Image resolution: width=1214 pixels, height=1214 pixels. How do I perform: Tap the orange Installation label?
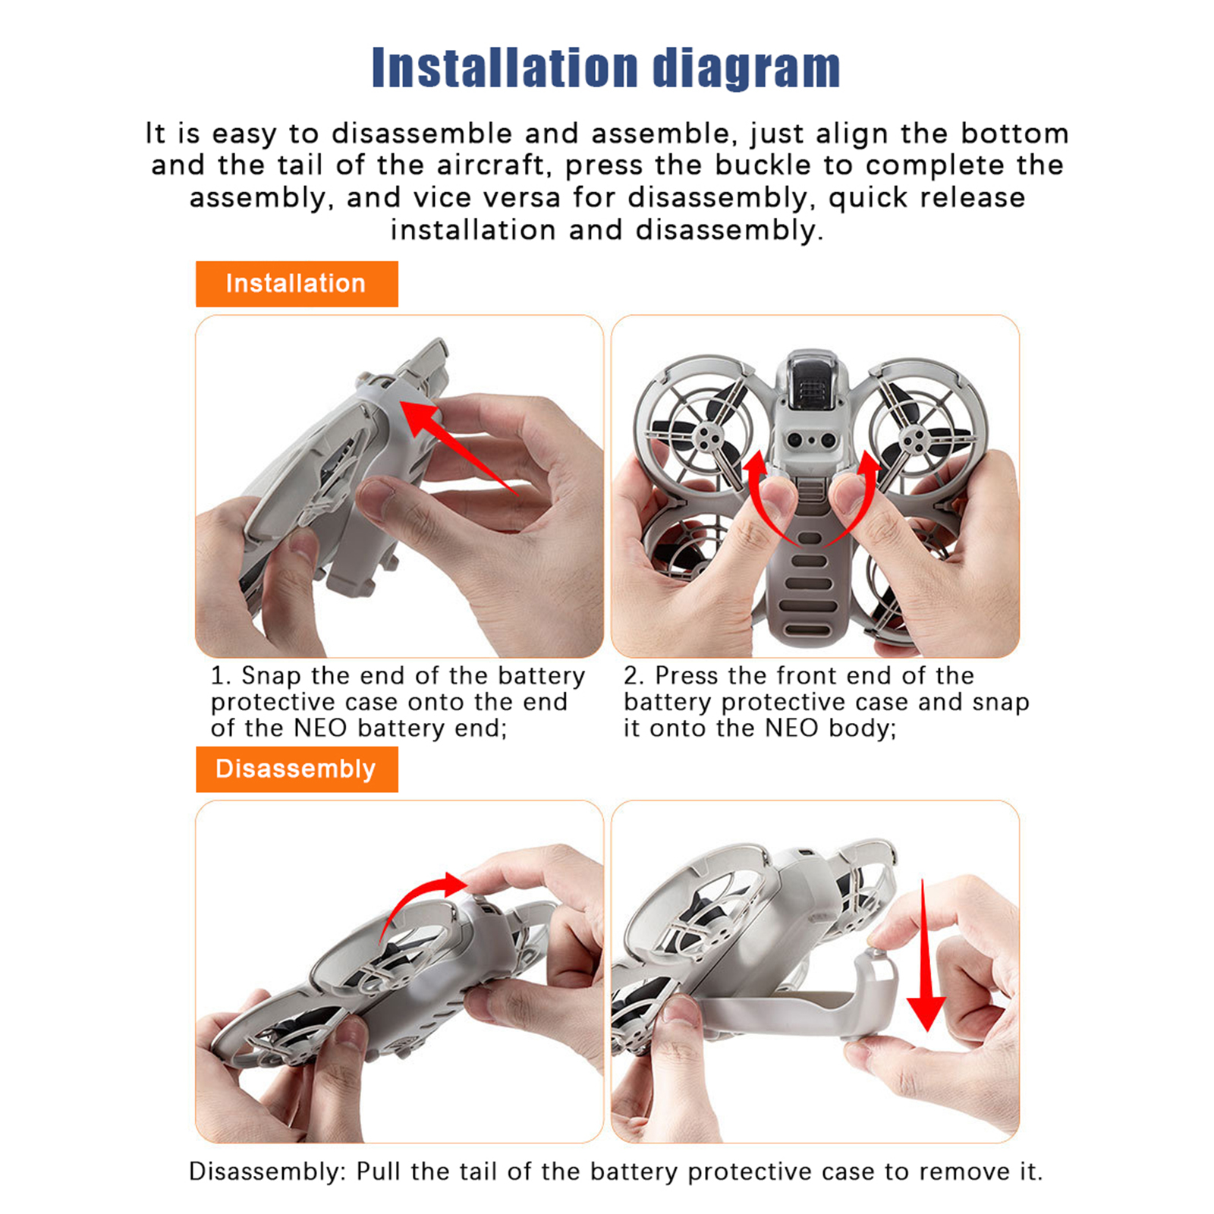tap(297, 284)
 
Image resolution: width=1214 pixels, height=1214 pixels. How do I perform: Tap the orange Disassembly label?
tap(297, 769)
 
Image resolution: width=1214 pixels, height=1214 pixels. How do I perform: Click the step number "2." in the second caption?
tap(634, 675)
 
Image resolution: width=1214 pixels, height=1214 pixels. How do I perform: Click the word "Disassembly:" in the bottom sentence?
tap(268, 1172)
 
